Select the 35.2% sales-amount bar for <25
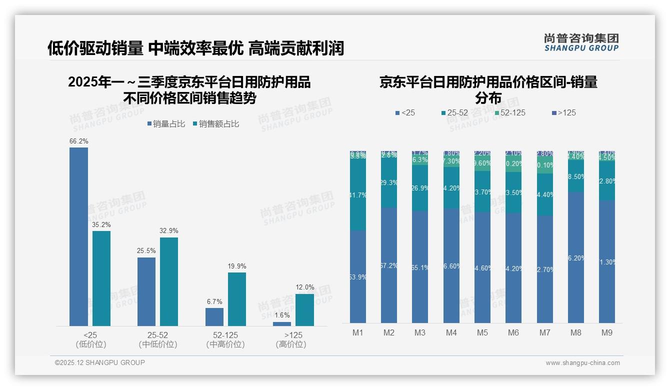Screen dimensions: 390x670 pos(101,278)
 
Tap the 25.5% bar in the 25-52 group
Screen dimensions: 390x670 pos(146,291)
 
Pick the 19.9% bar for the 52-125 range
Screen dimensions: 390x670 pos(237,299)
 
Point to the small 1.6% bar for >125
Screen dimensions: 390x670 pos(282,324)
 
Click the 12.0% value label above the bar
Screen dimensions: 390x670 pos(305,287)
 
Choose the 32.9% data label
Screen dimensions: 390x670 pos(169,231)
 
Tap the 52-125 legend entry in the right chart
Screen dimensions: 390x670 pos(509,113)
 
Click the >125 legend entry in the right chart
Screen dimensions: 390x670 pos(563,113)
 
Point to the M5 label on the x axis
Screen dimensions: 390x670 pos(482,332)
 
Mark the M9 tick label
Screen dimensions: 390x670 pos(607,332)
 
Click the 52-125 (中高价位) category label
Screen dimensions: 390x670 pos(225,339)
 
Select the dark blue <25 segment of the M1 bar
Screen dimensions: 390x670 pos(358,276)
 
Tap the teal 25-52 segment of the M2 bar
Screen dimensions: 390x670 pos(389,183)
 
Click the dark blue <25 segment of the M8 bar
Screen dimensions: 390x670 pos(576,257)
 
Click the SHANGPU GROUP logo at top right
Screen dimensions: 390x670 pos(581,42)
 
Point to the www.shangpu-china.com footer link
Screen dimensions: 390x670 pos(582,363)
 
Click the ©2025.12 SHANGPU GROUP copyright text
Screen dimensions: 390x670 pos(100,362)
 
